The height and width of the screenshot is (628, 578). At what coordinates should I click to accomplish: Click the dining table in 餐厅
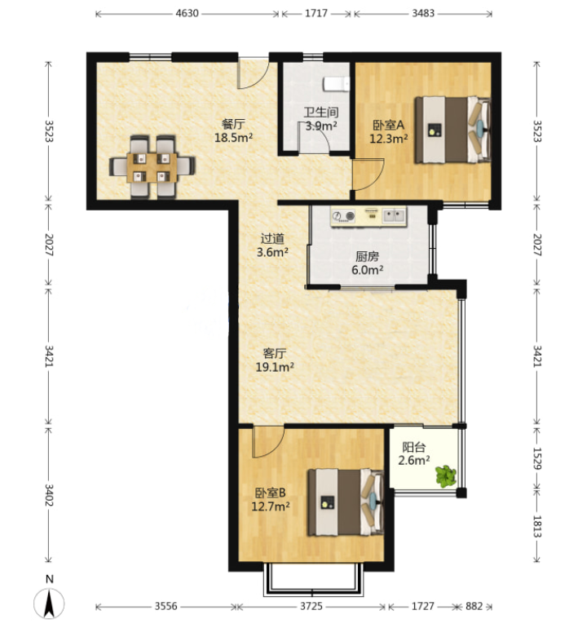(152, 167)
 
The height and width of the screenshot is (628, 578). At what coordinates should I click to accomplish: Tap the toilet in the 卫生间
(336, 84)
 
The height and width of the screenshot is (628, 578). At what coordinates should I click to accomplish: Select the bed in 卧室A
(452, 130)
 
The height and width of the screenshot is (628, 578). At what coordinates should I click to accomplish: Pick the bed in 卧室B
(346, 502)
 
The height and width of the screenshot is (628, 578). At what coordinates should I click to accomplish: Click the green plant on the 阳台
(445, 475)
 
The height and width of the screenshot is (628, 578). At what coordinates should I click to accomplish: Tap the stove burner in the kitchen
(344, 216)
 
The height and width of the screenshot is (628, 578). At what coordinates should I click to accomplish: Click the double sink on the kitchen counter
(394, 215)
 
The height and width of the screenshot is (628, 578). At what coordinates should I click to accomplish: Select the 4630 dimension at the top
(187, 13)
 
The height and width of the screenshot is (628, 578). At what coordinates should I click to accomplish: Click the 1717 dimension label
(316, 13)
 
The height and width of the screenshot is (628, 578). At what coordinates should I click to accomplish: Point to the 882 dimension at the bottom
(474, 606)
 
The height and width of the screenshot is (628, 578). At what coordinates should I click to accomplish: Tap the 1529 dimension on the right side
(536, 458)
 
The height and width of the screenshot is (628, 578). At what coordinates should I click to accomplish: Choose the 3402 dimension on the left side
(48, 495)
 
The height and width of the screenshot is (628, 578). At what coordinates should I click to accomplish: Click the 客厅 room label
(275, 353)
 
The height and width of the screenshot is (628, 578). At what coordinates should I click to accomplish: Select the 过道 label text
(272, 239)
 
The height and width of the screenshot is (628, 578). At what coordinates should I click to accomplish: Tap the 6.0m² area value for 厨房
(367, 269)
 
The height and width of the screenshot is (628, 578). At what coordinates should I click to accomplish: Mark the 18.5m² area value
(233, 137)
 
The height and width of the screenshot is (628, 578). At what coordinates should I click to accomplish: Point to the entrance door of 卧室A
(368, 175)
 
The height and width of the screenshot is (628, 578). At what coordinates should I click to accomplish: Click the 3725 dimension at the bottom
(311, 606)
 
